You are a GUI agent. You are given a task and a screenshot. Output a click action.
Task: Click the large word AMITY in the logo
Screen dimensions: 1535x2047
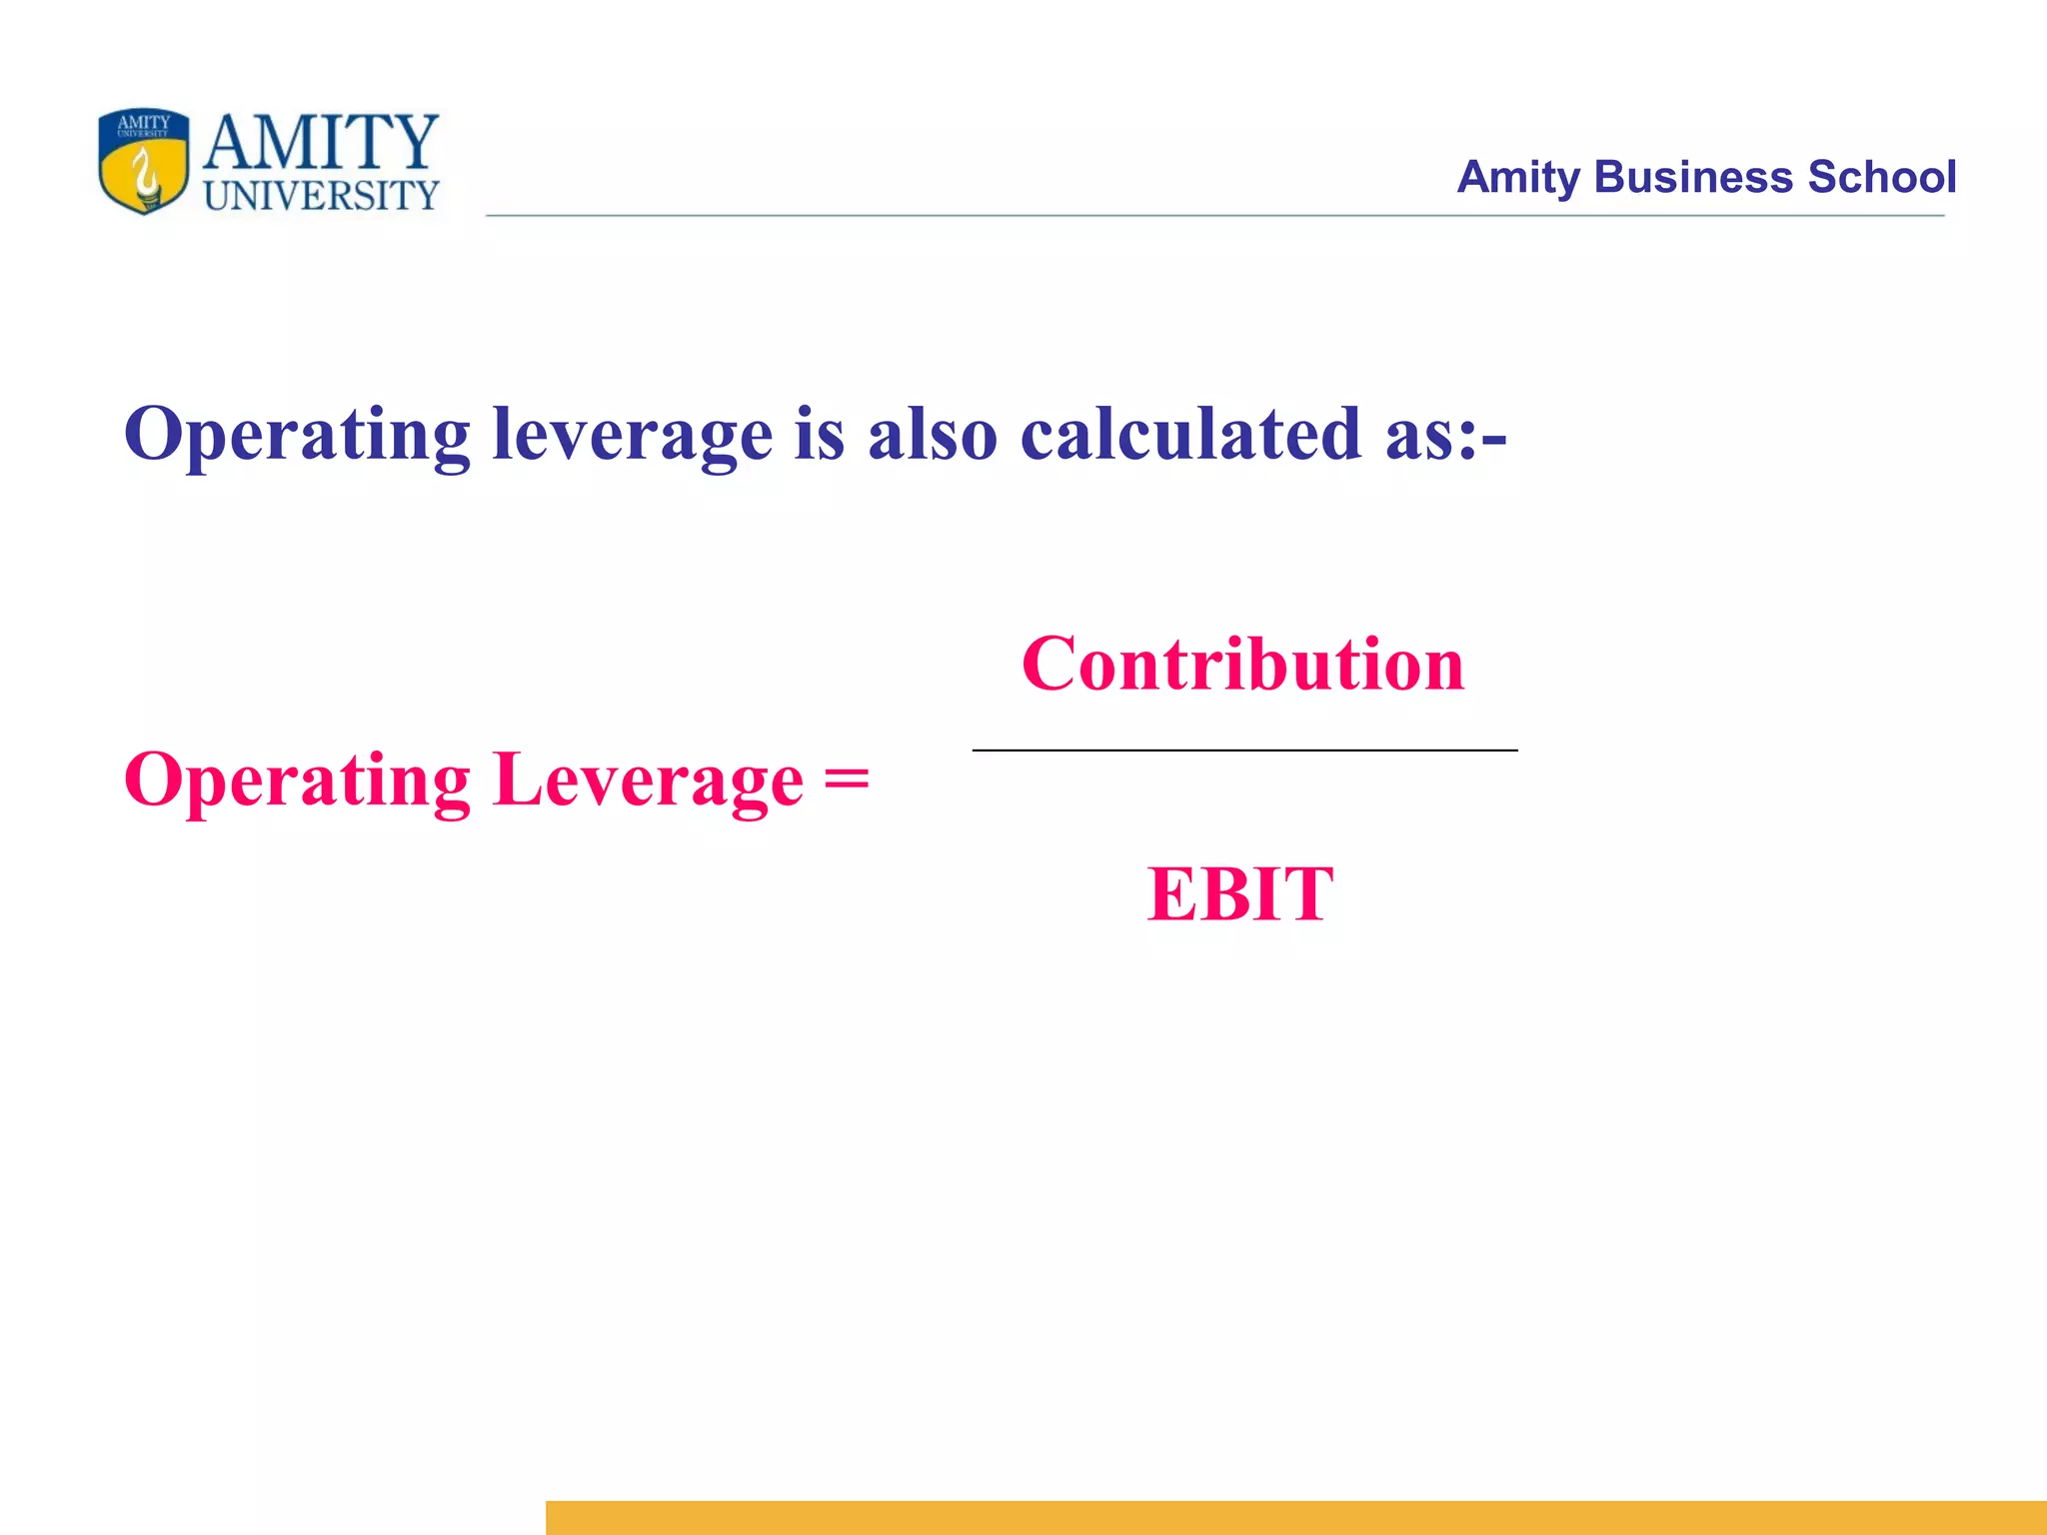click(x=321, y=142)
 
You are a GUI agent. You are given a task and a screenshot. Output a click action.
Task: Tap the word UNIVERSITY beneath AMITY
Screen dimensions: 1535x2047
click(x=321, y=196)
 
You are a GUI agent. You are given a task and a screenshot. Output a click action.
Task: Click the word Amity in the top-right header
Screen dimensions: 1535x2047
click(x=1518, y=178)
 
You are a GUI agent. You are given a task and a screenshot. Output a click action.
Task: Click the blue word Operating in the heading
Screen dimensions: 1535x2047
click(x=297, y=435)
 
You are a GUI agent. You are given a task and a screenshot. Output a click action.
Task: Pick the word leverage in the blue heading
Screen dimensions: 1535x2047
click(x=633, y=435)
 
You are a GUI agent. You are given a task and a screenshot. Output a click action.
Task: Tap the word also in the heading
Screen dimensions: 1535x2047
click(x=933, y=435)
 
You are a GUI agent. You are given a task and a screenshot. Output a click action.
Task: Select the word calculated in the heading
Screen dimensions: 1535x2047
click(x=1190, y=435)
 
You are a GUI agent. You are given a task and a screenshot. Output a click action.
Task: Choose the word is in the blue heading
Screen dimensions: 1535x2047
click(x=820, y=435)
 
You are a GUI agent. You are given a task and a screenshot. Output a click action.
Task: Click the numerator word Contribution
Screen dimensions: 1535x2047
click(x=1242, y=665)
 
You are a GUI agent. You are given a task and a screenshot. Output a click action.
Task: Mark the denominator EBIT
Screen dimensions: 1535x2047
click(x=1240, y=894)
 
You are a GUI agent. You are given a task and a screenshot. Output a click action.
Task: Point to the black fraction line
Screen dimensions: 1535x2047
click(x=1244, y=750)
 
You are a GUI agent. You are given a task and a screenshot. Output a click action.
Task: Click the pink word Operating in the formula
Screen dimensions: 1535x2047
click(x=297, y=780)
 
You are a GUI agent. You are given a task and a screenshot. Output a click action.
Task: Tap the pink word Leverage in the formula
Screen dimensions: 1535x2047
click(x=649, y=780)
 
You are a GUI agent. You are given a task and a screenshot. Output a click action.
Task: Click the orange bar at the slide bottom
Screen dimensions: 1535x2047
click(x=1295, y=1517)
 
